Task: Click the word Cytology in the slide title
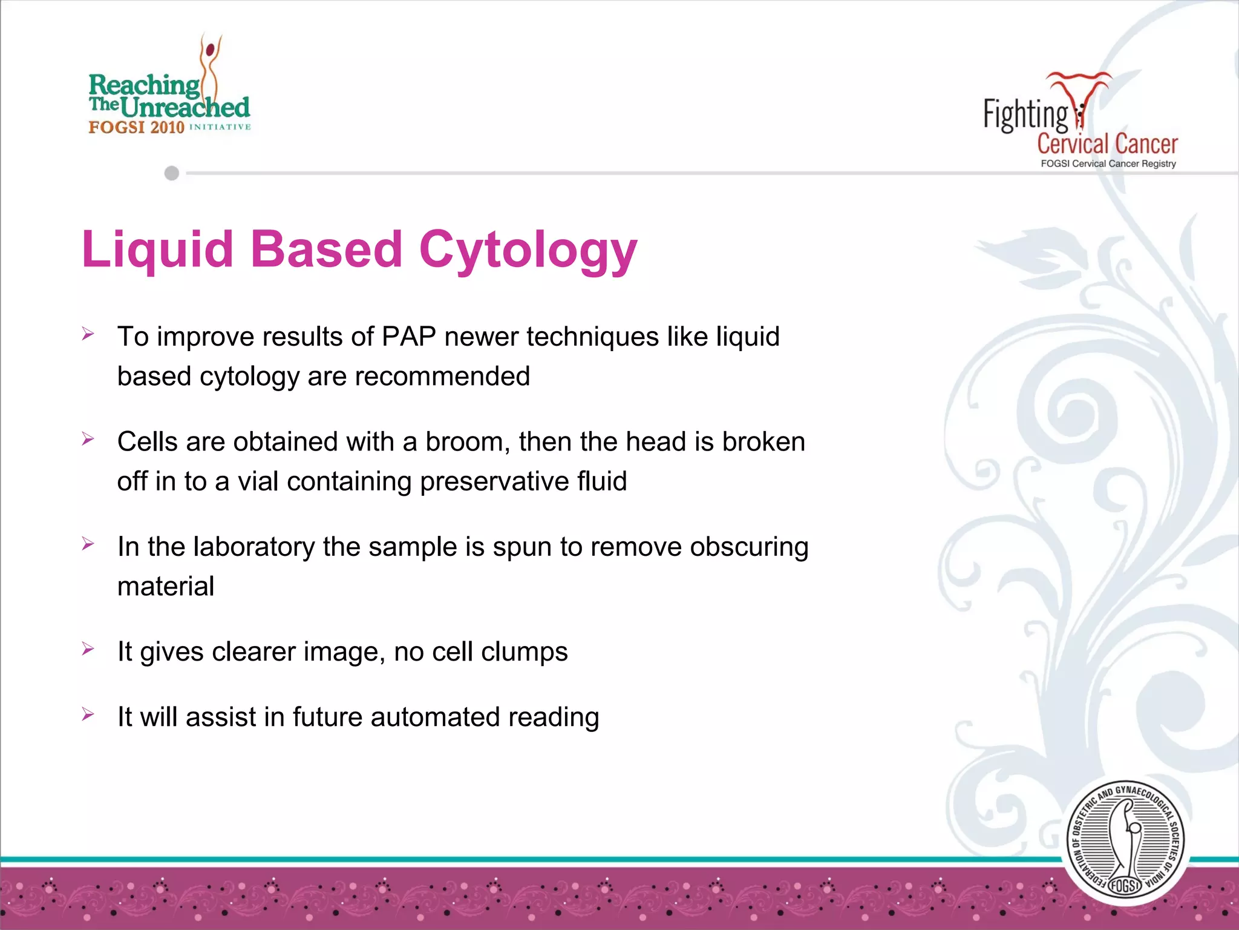pos(528,249)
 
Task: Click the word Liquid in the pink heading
pos(157,249)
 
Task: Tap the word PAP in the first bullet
pos(409,337)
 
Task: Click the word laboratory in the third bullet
pos(254,547)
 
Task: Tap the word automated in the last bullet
pos(435,717)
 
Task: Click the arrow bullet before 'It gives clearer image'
pos(88,649)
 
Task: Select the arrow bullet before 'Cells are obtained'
pos(88,439)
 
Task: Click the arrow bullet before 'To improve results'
pos(88,334)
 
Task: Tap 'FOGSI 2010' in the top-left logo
pos(136,127)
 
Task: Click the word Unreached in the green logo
pos(185,108)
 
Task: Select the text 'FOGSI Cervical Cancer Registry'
pos(1108,163)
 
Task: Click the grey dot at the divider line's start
pos(172,173)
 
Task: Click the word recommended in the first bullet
pos(442,377)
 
